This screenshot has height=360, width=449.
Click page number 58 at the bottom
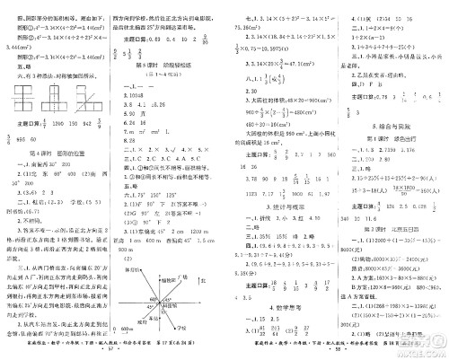click(x=330, y=352)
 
